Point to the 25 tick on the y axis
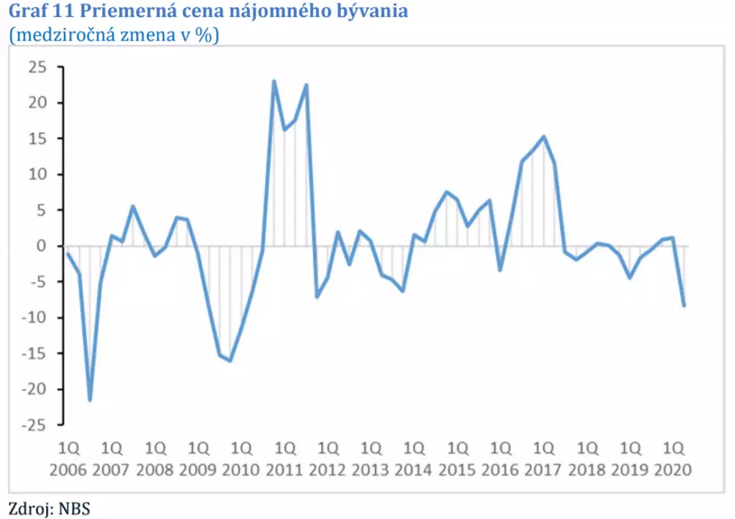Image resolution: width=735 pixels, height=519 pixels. click(37, 68)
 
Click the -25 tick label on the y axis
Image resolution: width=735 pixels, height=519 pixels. click(34, 425)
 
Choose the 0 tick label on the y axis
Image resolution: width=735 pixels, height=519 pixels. click(42, 246)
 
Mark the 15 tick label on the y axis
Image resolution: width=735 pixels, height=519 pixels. click(37, 139)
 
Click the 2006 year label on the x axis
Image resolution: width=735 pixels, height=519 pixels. click(69, 469)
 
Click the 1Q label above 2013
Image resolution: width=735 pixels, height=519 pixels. click(371, 448)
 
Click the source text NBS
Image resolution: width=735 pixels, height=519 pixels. click(74, 507)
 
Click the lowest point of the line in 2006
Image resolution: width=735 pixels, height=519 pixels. click(90, 400)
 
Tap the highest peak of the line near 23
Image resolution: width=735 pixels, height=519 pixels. click(274, 82)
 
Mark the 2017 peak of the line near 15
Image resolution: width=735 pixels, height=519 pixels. click(543, 137)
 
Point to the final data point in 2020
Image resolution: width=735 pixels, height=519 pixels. click(684, 305)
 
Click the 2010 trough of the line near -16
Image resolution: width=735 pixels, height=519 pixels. click(230, 361)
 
